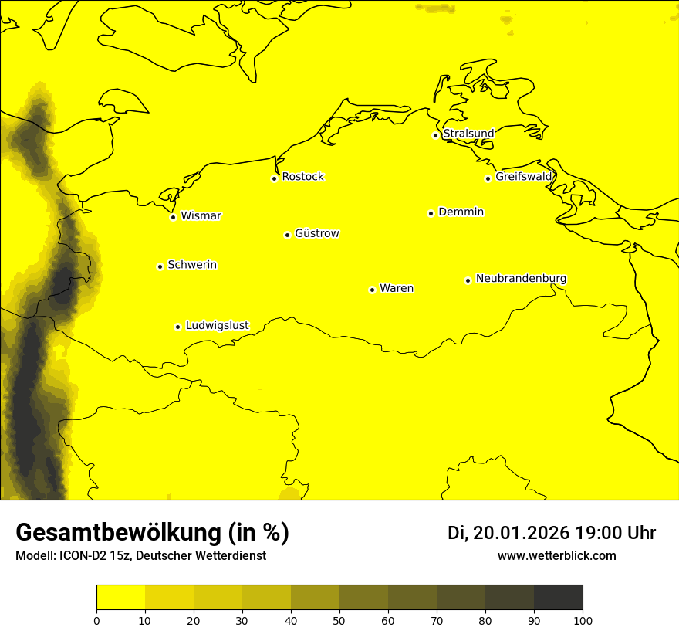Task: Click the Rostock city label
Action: click(x=302, y=177)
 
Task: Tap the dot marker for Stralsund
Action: click(x=435, y=135)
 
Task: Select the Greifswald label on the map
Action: click(x=524, y=177)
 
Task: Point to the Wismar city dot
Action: click(x=173, y=217)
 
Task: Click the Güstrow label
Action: click(x=316, y=233)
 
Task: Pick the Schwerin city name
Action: click(x=192, y=265)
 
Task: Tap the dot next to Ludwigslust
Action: click(x=177, y=327)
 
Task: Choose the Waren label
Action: click(x=397, y=288)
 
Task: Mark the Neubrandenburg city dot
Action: click(x=468, y=280)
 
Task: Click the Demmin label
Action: click(x=461, y=212)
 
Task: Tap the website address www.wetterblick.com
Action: click(x=556, y=555)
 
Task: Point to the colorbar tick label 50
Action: click(x=339, y=620)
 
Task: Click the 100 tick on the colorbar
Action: click(x=583, y=620)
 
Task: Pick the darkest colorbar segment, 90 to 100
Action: click(x=558, y=598)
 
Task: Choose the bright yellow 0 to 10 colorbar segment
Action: click(x=120, y=598)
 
